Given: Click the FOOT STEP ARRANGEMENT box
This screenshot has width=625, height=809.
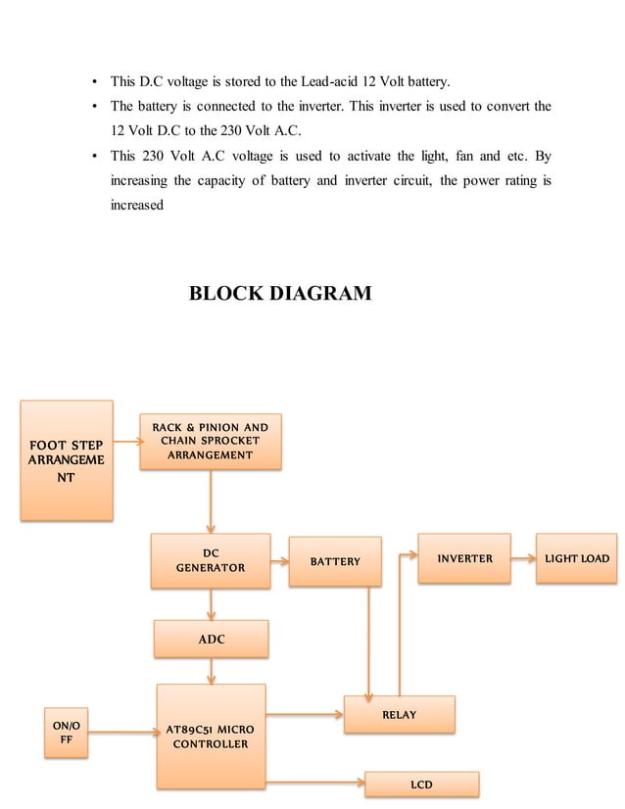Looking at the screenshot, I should click(67, 460).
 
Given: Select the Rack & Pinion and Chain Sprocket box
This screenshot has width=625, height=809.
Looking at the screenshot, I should click(210, 441).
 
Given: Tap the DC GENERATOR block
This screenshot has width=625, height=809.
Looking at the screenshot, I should click(211, 560).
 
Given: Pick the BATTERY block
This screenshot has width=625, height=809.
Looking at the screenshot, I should click(335, 561).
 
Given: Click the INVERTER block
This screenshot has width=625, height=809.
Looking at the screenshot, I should click(464, 558).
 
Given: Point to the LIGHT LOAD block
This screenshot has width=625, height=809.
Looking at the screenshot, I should click(576, 558).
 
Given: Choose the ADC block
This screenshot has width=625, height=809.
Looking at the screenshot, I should click(211, 639).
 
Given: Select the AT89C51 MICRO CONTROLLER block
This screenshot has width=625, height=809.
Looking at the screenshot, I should click(211, 736).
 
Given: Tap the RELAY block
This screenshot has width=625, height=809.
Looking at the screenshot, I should click(399, 714).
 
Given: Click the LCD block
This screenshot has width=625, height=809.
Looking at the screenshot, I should click(421, 785).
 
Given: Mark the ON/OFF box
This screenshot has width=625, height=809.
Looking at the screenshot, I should click(68, 732).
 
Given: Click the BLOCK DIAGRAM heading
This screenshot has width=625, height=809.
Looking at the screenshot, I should click(280, 293).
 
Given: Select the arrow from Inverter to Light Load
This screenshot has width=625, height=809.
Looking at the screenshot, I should click(523, 559).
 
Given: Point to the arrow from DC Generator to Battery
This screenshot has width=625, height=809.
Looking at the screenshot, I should click(279, 562).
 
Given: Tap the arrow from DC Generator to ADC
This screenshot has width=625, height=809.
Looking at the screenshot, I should click(211, 604).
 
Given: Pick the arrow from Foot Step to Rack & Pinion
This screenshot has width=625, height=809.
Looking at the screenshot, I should click(126, 442).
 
